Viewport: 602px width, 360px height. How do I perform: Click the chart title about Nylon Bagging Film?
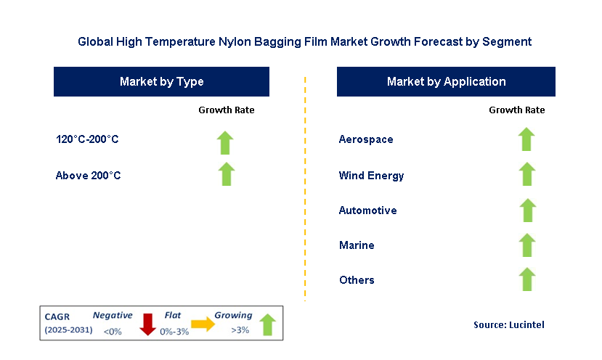(x=304, y=42)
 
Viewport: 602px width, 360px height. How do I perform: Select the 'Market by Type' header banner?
(x=161, y=82)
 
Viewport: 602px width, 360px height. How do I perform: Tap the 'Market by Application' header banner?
(x=446, y=82)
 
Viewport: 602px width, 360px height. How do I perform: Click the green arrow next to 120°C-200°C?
(x=226, y=142)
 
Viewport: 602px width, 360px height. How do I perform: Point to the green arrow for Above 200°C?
(x=227, y=174)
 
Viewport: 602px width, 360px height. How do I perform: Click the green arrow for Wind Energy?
(x=527, y=174)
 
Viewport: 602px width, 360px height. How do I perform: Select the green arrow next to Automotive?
(x=527, y=210)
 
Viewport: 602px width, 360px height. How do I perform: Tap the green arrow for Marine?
(x=527, y=245)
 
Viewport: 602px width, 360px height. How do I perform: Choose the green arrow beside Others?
(x=527, y=279)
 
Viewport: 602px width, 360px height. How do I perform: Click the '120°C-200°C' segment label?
(x=87, y=139)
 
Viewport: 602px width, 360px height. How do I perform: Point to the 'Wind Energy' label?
(x=371, y=176)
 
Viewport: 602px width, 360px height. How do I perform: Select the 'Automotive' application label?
(x=367, y=210)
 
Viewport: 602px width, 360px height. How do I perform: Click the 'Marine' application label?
(x=357, y=245)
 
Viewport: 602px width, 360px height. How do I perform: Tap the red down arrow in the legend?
(x=148, y=324)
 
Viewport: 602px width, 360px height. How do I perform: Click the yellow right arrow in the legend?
(x=203, y=324)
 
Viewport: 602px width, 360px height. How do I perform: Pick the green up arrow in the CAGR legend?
(x=267, y=324)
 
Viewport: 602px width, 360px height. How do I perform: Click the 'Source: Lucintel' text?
(x=508, y=325)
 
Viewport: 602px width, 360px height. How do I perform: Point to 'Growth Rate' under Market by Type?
(x=227, y=110)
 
